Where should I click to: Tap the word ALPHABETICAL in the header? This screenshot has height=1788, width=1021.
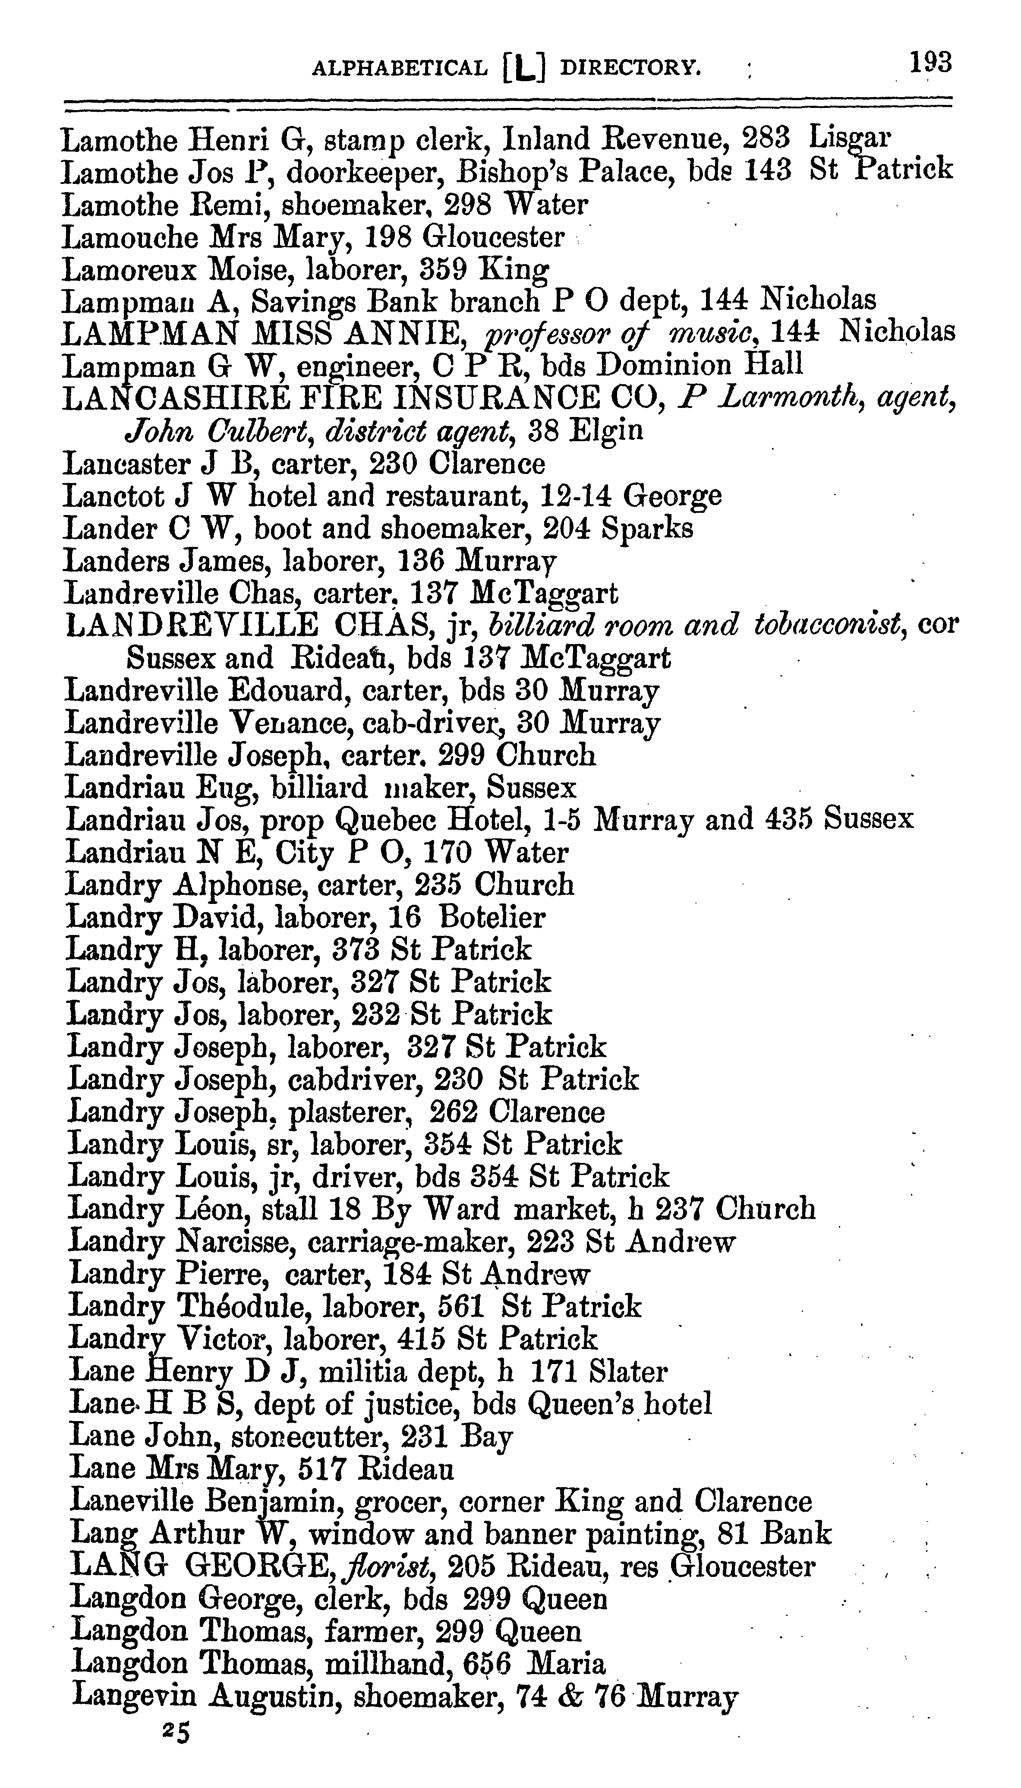[x=400, y=69]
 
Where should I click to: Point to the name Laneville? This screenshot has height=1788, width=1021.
[x=132, y=1502]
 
